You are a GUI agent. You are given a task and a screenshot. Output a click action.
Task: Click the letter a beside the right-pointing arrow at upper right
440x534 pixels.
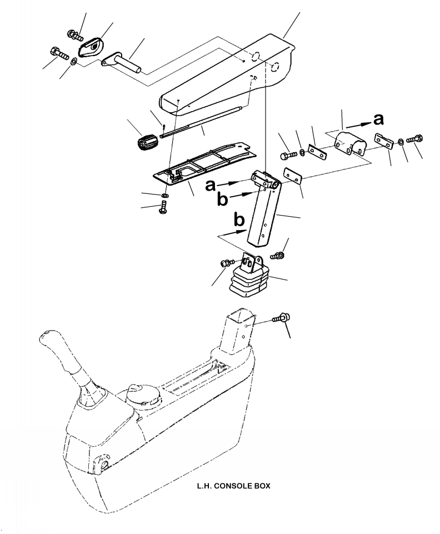[x=378, y=119]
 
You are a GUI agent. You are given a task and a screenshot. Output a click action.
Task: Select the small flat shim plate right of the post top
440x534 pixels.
[x=293, y=175]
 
